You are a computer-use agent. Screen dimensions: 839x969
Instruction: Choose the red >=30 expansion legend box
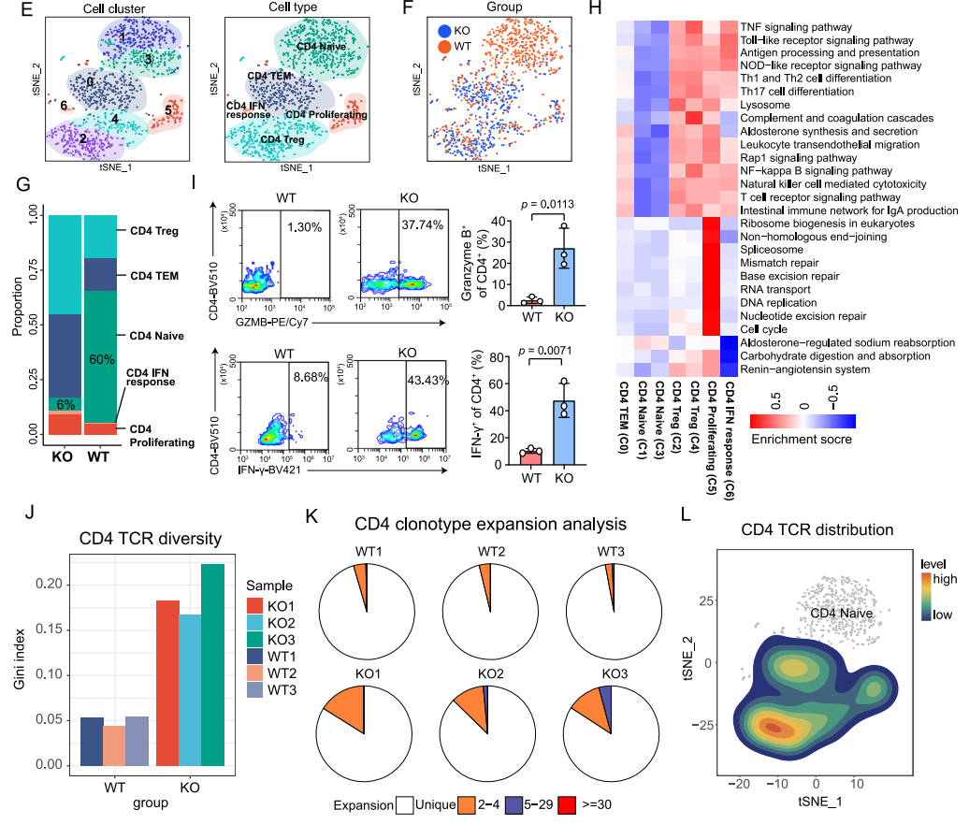566,804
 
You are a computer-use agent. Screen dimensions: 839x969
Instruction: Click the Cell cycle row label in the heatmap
762,330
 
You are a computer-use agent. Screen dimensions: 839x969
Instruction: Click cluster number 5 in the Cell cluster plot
168,109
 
